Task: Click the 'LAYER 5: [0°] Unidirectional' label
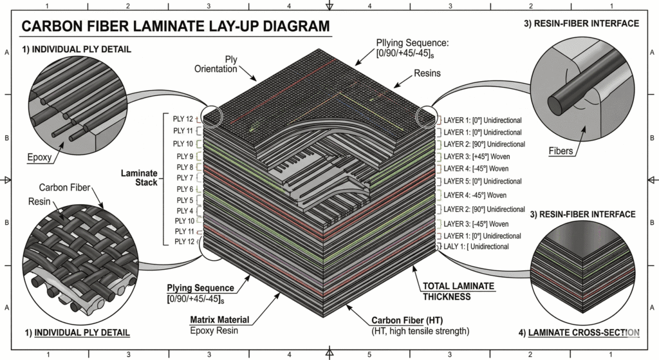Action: pos(483,182)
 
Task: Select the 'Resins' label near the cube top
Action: pos(427,73)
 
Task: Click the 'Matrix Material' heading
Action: pos(219,320)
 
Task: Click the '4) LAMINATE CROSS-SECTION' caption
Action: pos(578,333)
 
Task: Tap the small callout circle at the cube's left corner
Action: pos(212,117)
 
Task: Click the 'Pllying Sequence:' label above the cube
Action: pos(411,43)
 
